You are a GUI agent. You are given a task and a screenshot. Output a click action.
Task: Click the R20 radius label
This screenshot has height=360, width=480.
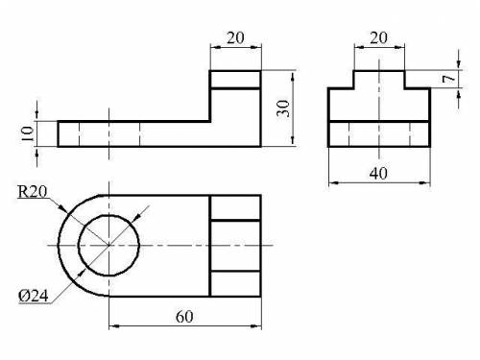click(33, 191)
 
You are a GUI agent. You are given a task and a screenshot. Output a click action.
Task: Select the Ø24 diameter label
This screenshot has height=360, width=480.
click(34, 296)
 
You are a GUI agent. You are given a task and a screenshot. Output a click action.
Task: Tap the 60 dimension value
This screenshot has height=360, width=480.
click(184, 317)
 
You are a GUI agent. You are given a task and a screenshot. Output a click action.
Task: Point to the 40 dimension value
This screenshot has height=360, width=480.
click(378, 173)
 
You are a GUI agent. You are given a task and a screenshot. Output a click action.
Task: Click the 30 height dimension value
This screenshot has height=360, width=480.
click(283, 108)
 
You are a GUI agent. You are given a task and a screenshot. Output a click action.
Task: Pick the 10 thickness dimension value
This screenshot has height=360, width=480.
click(28, 133)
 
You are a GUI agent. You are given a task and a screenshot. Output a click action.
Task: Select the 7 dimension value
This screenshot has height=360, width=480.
click(449, 79)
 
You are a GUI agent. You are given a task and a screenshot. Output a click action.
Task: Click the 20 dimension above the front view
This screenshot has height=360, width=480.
click(235, 37)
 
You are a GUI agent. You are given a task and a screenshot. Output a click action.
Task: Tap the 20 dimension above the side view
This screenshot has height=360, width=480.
click(379, 37)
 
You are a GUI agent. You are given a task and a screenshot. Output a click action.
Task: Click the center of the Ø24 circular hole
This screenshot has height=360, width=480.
click(109, 246)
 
